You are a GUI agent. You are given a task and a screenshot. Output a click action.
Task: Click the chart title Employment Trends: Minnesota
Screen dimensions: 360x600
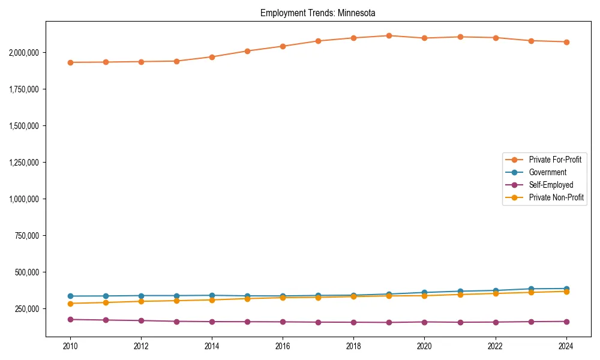(x=318, y=13)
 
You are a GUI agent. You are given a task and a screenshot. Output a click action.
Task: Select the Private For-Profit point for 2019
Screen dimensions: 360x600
(x=389, y=35)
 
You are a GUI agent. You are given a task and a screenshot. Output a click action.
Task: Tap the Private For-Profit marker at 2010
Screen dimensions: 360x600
(x=70, y=62)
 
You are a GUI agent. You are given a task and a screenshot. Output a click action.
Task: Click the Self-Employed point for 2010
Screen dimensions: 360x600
(x=70, y=320)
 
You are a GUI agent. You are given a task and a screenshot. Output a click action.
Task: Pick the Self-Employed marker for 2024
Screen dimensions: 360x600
(x=566, y=322)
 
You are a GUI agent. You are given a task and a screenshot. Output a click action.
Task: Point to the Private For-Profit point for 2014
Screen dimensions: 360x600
(x=212, y=57)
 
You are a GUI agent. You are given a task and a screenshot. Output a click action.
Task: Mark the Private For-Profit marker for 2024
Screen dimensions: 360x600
(x=566, y=42)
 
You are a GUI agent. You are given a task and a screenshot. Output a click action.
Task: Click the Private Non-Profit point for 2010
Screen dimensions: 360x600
(x=70, y=304)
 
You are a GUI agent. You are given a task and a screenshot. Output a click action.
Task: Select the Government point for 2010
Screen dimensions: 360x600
(x=70, y=296)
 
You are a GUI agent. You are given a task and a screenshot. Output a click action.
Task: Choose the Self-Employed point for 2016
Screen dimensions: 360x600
(x=283, y=322)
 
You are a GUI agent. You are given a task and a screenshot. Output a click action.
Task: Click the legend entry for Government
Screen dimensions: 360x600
(x=547, y=172)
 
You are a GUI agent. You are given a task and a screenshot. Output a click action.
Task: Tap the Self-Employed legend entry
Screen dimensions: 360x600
(x=551, y=185)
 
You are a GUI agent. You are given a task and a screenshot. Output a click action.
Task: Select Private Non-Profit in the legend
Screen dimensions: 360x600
(x=556, y=197)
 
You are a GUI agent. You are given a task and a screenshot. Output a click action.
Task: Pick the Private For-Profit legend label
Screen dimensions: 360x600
(x=555, y=160)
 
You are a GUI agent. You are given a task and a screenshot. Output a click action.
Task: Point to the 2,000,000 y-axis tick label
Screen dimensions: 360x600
(x=24, y=53)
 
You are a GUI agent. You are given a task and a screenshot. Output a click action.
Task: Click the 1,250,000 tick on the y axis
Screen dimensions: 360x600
(x=24, y=163)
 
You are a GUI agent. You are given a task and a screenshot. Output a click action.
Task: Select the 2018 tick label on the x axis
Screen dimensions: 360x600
(x=353, y=346)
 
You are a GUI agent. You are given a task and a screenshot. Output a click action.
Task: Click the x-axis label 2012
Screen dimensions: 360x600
(x=141, y=346)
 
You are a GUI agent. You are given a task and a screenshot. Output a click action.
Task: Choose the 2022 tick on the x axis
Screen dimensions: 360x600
(x=495, y=346)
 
